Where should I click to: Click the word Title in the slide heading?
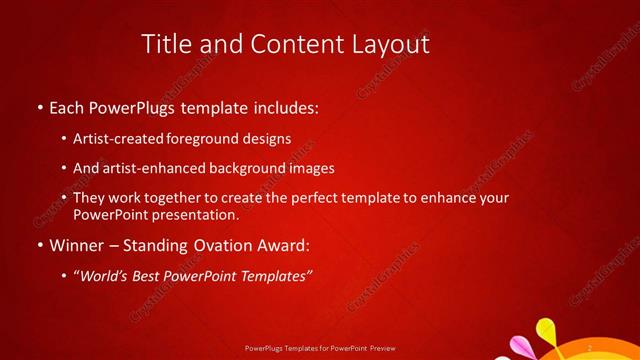pos(166,44)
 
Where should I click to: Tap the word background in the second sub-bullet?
pos(244,168)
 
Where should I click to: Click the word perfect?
pos(325,198)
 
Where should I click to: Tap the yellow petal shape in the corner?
pos(545,329)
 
